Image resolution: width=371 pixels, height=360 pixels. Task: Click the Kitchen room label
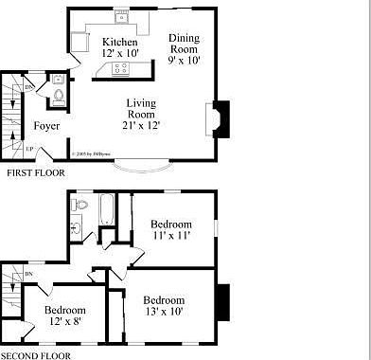[x=120, y=48]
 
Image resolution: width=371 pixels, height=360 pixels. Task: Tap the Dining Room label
[x=185, y=45]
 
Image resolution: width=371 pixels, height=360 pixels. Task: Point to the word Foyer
[x=47, y=126]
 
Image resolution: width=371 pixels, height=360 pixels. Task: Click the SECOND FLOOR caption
[x=36, y=355]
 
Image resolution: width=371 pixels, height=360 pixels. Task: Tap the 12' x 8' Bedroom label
[x=65, y=315]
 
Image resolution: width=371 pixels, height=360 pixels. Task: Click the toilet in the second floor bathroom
[x=81, y=203]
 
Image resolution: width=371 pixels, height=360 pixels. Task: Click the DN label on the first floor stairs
[x=29, y=87]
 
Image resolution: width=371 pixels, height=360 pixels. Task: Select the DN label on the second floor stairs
[x=29, y=275]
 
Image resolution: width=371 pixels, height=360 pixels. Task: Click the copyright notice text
[x=93, y=153]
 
